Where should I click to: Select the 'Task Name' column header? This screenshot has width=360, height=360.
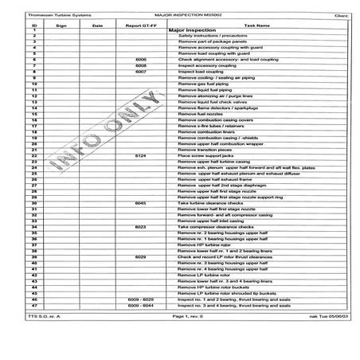click(x=256, y=25)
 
